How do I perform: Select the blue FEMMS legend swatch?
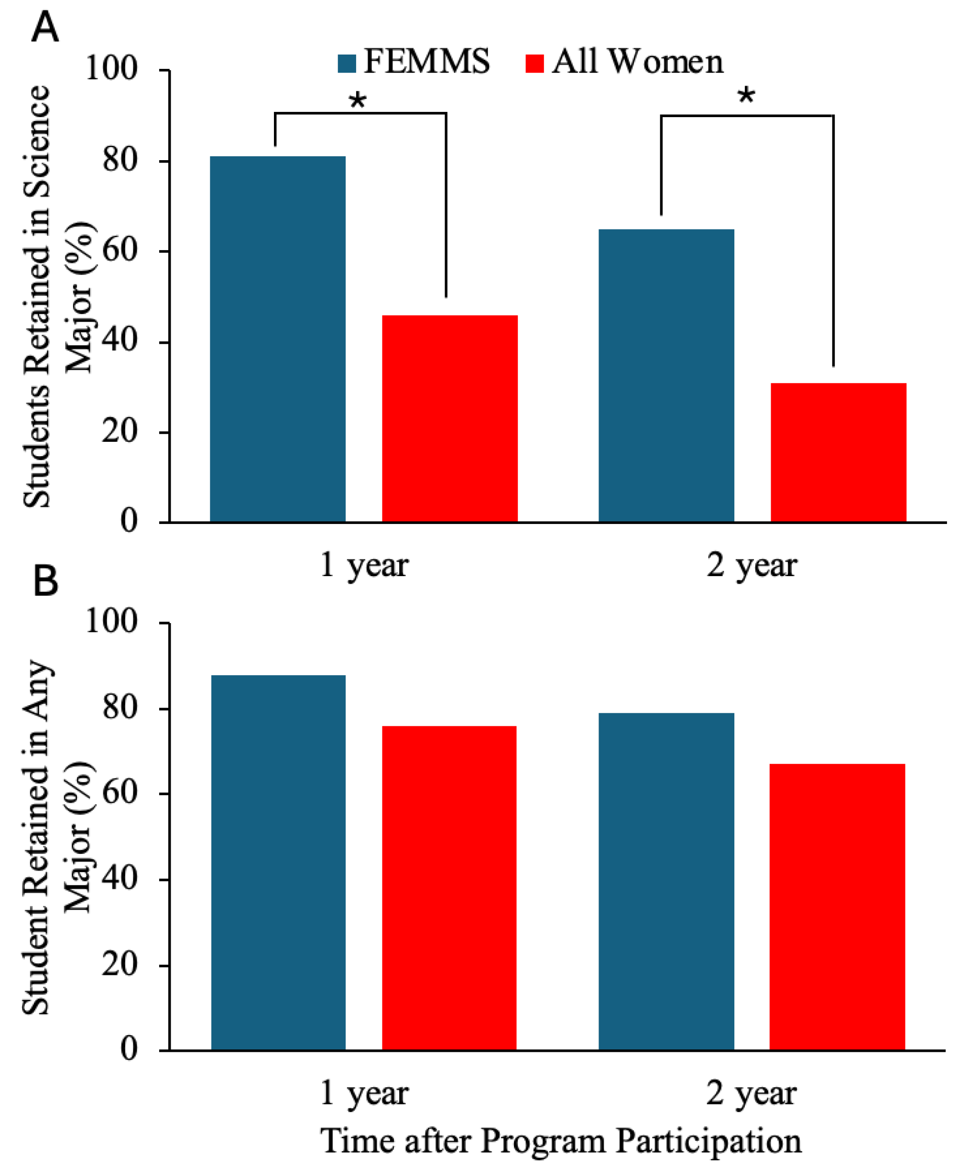pos(347,63)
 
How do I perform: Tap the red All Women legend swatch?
pos(534,63)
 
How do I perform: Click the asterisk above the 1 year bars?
pos(358,100)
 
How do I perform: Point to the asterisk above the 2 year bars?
pos(746,96)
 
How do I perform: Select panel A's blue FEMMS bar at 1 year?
pos(277,339)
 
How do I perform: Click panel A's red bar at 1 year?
pos(450,418)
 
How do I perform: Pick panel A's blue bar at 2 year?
pos(666,375)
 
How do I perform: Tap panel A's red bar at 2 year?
pos(838,452)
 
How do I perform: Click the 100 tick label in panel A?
pos(111,69)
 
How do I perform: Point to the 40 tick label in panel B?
pos(120,878)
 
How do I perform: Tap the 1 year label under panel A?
pos(364,566)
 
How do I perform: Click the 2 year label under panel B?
pos(752,1093)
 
